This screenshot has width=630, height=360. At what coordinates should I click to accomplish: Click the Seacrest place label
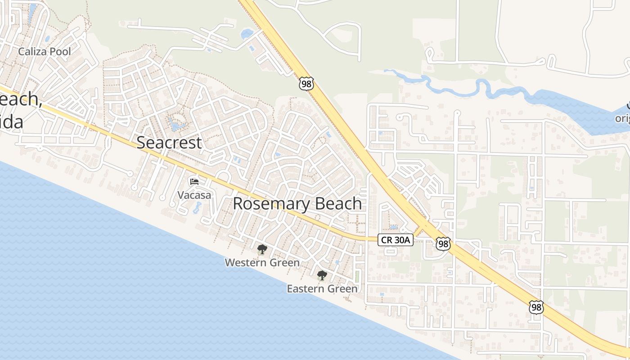pos(169,143)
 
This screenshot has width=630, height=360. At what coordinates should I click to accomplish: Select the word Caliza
pos(32,52)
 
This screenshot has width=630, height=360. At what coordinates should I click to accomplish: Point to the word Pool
pos(60,52)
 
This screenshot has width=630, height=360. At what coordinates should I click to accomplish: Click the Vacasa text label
pos(194,195)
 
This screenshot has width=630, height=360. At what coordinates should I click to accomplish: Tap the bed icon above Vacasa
pos(194,182)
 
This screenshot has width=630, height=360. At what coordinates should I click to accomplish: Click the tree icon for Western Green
pos(262,249)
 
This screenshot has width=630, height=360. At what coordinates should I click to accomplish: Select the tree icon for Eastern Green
pos(322,275)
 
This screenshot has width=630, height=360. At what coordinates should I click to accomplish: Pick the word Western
pos(246,262)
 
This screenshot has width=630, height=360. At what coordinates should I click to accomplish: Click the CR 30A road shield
pos(396,240)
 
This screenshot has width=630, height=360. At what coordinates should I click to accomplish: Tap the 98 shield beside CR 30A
pos(443,244)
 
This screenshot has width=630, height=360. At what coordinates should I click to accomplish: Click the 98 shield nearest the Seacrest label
pos(306,84)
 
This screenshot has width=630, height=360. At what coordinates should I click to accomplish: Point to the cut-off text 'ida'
pos(11,121)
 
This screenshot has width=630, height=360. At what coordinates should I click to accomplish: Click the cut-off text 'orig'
pos(623,119)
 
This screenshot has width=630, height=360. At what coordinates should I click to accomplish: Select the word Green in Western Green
pos(285,262)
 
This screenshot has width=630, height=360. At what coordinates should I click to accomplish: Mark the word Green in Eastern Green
pos(342,289)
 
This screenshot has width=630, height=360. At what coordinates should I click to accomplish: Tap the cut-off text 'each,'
pos(20,99)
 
